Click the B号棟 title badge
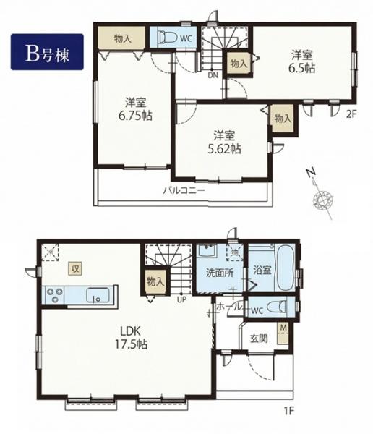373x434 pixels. tap(47, 52)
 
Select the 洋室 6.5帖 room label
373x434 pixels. tap(302, 61)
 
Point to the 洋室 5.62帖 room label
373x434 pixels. tap(224, 142)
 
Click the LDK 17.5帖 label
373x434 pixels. tap(131, 337)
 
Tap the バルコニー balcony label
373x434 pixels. tap(184, 190)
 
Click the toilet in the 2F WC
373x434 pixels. tap(168, 37)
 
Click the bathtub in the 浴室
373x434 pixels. tap(286, 268)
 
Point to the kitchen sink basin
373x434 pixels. tap(98, 295)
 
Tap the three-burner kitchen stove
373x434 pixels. tap(54, 295)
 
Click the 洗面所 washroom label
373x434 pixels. tap(220, 273)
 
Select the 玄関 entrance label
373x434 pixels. tap(259, 338)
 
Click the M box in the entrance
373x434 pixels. tap(283, 333)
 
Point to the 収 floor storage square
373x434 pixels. tap(75, 268)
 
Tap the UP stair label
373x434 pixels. tap(181, 299)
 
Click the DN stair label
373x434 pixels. tap(213, 75)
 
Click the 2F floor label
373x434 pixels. tap(352, 114)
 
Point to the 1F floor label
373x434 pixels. tap(288, 411)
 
